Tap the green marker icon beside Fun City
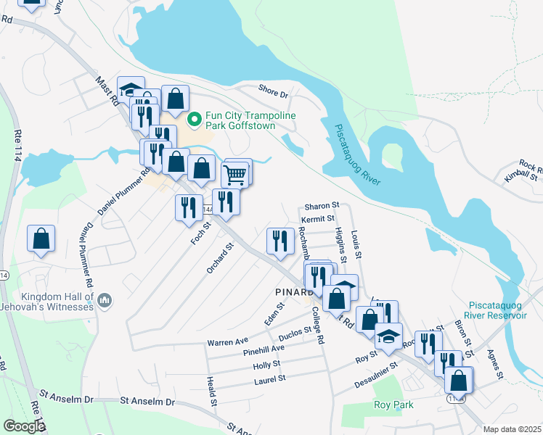tap(194, 118)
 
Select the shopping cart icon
tap(234, 175)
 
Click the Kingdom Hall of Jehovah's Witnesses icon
tap(105, 299)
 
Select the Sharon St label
tap(322, 206)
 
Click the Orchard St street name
tap(219, 258)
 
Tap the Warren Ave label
tap(227, 340)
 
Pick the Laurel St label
tap(269, 378)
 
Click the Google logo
tap(23, 426)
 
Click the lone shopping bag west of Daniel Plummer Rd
tap(42, 239)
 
